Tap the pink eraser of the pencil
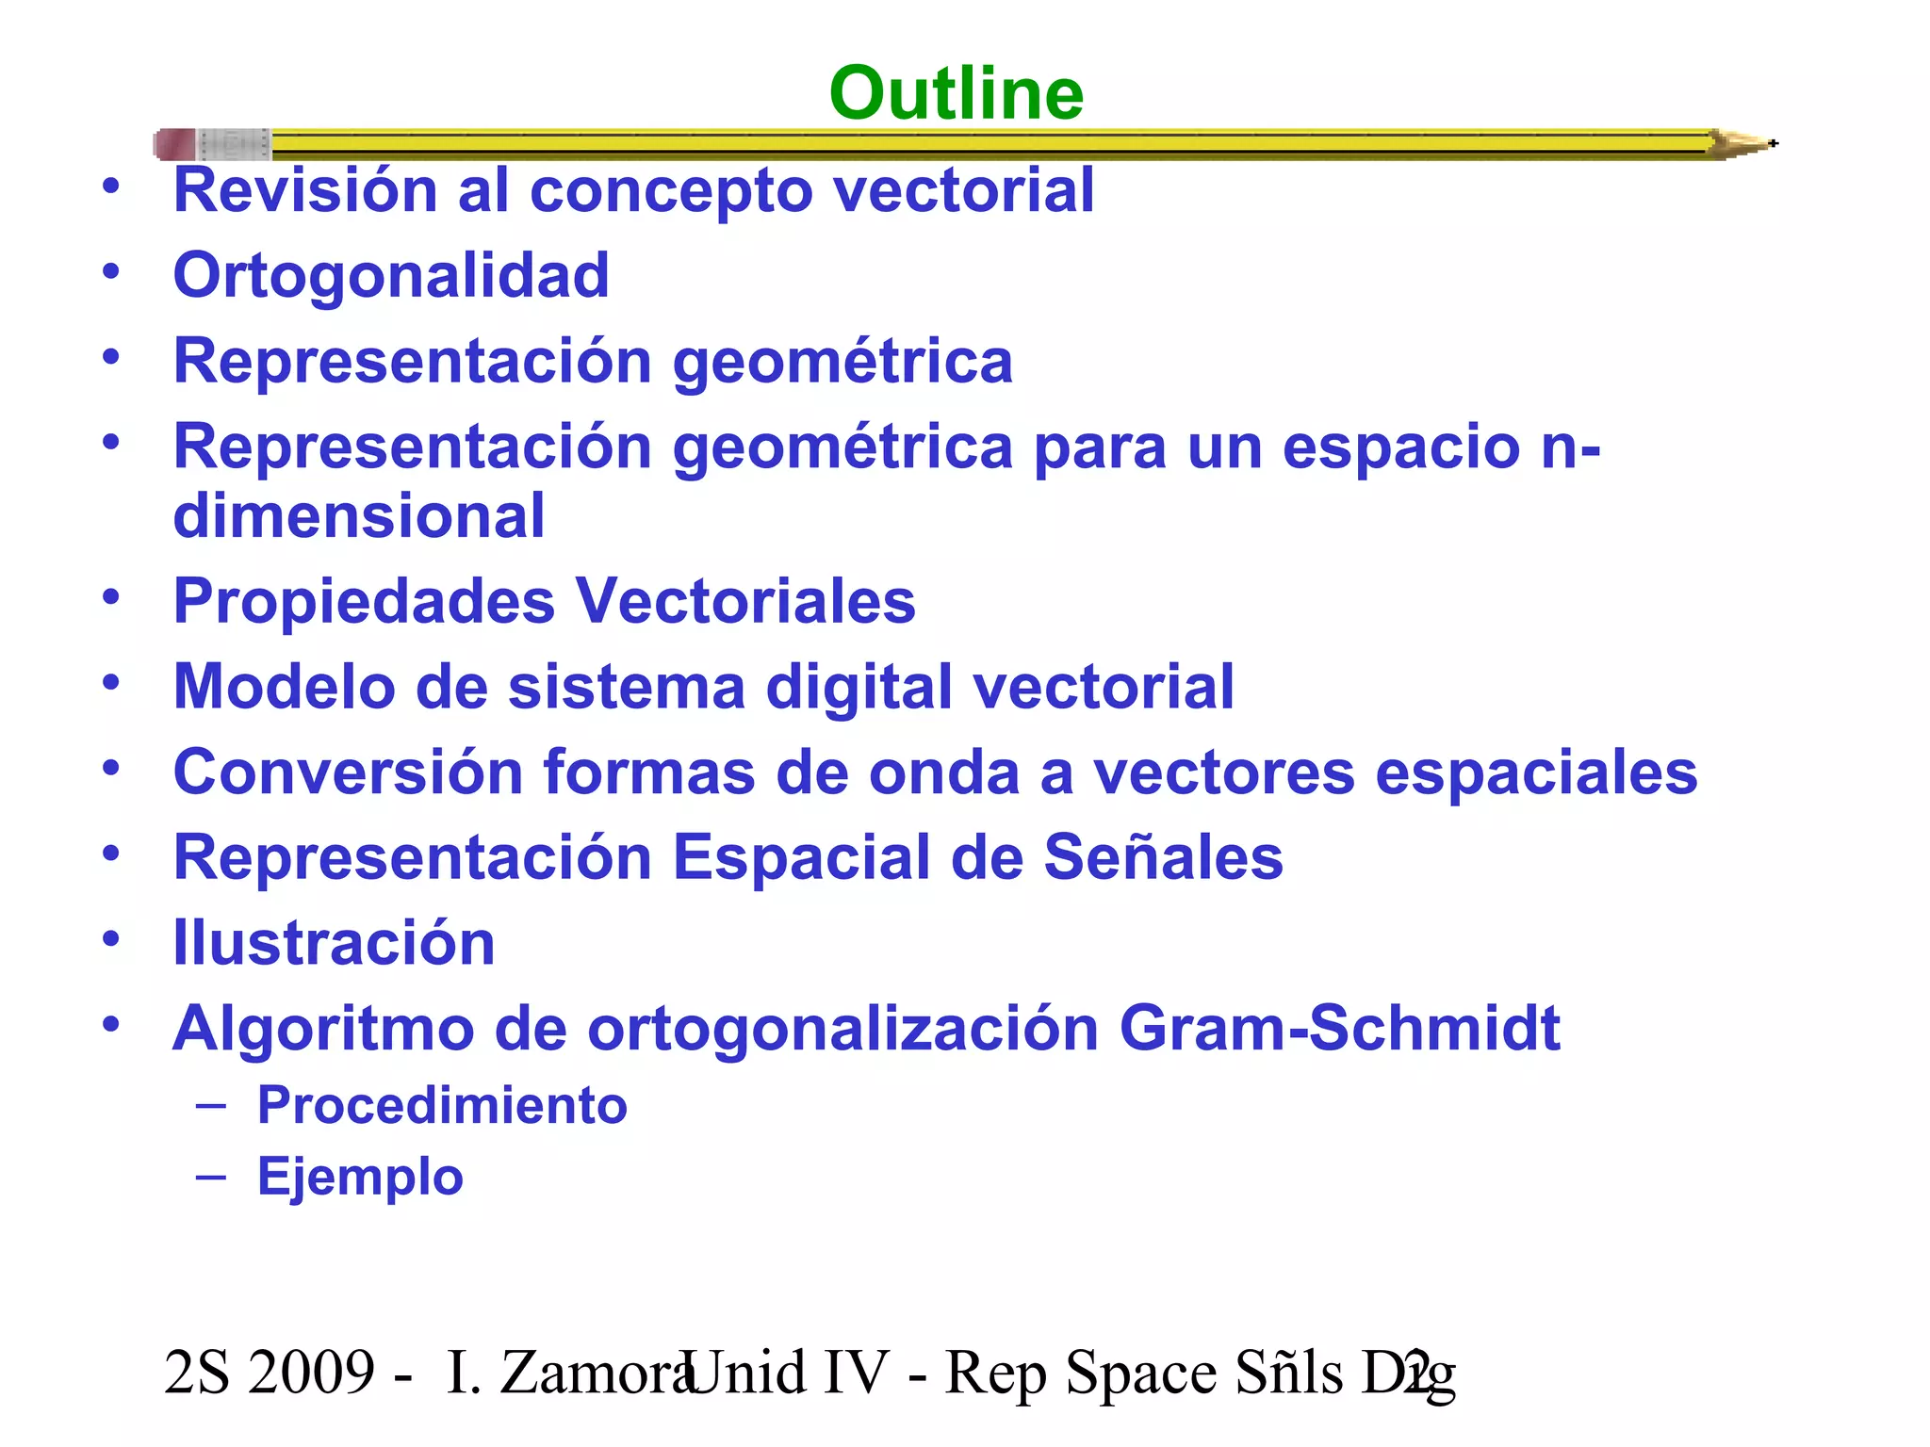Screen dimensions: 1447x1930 coord(175,144)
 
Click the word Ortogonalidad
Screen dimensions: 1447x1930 coord(391,275)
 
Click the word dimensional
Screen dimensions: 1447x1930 coord(359,515)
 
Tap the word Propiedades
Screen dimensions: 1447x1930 coord(364,601)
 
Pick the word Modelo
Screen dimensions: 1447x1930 coord(284,686)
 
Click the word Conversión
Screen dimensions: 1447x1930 coord(348,772)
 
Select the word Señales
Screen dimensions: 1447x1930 coord(1163,857)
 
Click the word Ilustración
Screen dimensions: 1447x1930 coord(334,943)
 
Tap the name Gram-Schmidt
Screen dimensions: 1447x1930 coord(1339,1028)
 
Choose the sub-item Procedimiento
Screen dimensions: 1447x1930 coord(442,1105)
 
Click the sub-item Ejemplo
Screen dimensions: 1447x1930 coord(360,1177)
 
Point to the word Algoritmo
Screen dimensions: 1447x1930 coord(323,1028)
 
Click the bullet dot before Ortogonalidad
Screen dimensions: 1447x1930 coord(111,271)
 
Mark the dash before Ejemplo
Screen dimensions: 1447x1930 coord(211,1176)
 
